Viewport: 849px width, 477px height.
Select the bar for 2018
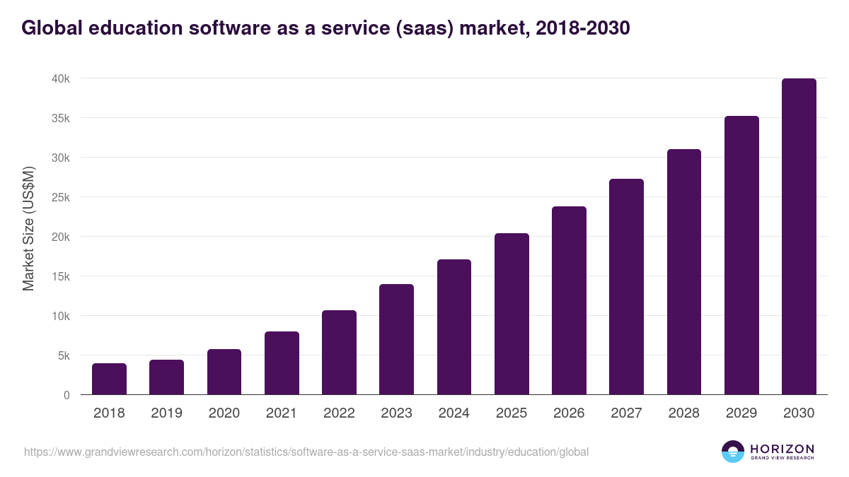tap(109, 379)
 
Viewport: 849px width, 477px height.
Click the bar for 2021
tap(282, 363)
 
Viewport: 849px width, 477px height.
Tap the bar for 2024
tap(454, 327)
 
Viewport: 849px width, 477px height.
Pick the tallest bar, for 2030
tap(799, 237)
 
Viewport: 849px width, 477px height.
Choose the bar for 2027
tap(627, 287)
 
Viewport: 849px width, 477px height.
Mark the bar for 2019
tap(166, 377)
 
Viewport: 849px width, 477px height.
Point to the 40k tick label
tap(60, 78)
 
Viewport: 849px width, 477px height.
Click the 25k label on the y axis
tap(60, 197)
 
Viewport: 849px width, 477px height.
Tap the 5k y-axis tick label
tap(63, 355)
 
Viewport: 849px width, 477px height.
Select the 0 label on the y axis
tap(67, 395)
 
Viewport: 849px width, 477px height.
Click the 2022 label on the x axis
tap(339, 413)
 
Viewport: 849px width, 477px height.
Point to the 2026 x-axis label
tap(569, 413)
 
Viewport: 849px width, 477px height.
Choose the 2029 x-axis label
tap(741, 413)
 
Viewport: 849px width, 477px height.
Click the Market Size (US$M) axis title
tap(28, 229)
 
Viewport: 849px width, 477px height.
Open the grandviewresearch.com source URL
tap(306, 452)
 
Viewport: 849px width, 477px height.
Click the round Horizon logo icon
tap(733, 452)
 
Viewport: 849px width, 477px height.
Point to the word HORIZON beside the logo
tap(782, 448)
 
